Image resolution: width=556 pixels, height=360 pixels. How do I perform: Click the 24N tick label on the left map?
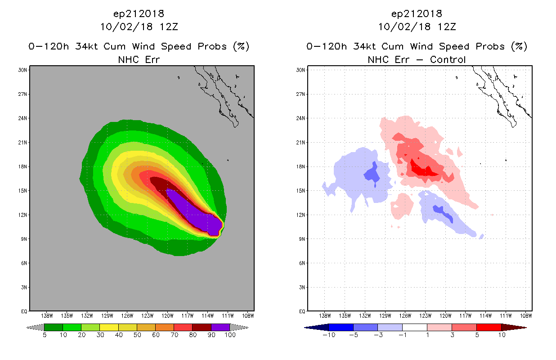[x=23, y=118]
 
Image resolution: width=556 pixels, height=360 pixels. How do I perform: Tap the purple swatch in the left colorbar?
[x=220, y=328]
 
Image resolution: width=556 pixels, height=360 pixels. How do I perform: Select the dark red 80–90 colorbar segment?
[x=202, y=328]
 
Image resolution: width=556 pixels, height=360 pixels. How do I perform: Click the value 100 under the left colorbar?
[x=230, y=335]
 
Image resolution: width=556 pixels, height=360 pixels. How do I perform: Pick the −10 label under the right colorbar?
[x=328, y=335]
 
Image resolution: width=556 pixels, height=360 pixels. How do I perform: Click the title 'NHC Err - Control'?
[x=417, y=59]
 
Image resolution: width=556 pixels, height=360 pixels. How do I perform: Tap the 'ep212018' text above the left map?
[x=139, y=13]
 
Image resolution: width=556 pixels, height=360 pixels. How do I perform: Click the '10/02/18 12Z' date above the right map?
[x=417, y=27]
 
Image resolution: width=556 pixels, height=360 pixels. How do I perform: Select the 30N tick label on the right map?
[x=301, y=70]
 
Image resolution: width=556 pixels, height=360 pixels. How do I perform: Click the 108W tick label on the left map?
[x=247, y=315]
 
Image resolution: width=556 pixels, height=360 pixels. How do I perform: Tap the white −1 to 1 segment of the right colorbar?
[x=414, y=328]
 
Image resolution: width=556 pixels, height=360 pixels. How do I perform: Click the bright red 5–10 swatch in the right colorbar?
[x=488, y=328]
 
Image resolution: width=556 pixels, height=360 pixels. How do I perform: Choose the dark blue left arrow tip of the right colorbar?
[x=310, y=328]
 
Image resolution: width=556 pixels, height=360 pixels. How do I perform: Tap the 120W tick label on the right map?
[x=445, y=315]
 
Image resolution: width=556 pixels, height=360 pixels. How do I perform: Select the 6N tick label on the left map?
[x=23, y=263]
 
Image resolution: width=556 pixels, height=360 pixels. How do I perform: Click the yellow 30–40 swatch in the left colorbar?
[x=109, y=328]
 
